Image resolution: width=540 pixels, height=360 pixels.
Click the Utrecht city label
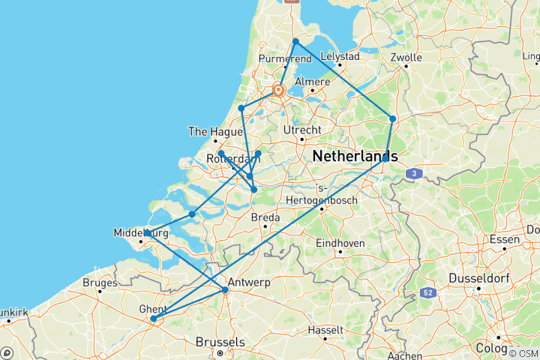(301, 130)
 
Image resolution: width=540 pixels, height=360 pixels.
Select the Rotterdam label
(226, 158)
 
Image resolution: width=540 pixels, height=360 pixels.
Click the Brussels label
(220, 342)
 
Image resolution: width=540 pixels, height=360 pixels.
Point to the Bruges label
(100, 283)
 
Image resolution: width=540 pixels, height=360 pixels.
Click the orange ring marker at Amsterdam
(279, 91)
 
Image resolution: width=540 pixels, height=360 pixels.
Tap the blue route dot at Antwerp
(225, 289)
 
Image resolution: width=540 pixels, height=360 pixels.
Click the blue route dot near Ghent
(153, 319)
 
